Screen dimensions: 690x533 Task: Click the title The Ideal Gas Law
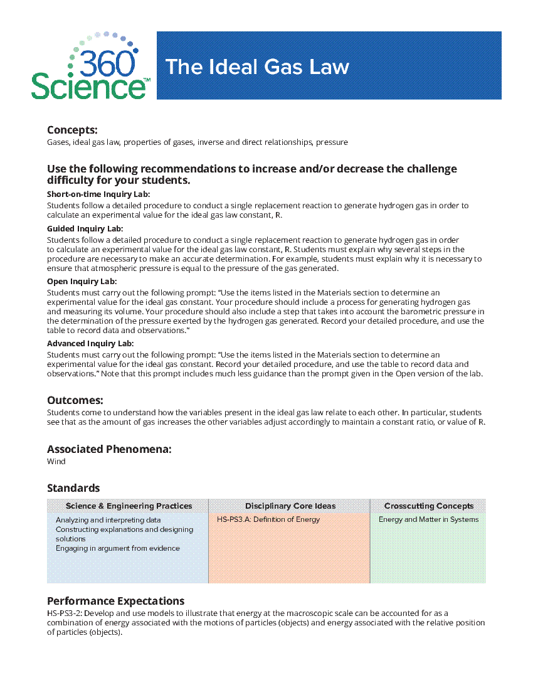pyautogui.click(x=257, y=66)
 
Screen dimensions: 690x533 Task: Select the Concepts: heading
pyautogui.click(x=72, y=130)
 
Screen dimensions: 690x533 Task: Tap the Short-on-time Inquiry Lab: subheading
pyautogui.click(x=98, y=194)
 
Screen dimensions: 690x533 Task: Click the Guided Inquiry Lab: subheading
pyautogui.click(x=85, y=229)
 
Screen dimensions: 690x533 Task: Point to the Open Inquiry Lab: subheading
pyautogui.click(x=82, y=282)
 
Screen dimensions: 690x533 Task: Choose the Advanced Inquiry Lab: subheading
pyautogui.click(x=90, y=344)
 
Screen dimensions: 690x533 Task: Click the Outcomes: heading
pyautogui.click(x=75, y=400)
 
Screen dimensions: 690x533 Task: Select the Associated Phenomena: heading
pyautogui.click(x=109, y=449)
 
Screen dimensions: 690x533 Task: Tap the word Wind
pyautogui.click(x=56, y=462)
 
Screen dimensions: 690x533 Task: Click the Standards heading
pyautogui.click(x=73, y=488)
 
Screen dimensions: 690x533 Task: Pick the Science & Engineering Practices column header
pyautogui.click(x=129, y=506)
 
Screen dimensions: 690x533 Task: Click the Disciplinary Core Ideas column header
pyautogui.click(x=290, y=506)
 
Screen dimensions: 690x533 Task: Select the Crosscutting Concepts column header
pyautogui.click(x=429, y=506)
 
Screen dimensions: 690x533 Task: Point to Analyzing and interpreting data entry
pyautogui.click(x=108, y=520)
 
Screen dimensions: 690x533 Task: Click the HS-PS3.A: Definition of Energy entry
pyautogui.click(x=268, y=519)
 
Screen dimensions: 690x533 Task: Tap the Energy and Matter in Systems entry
pyautogui.click(x=428, y=519)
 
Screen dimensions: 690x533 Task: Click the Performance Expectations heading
pyautogui.click(x=115, y=601)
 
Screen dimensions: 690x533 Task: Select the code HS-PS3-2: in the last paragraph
pyautogui.click(x=64, y=613)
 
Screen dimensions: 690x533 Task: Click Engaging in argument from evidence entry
pyautogui.click(x=117, y=548)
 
